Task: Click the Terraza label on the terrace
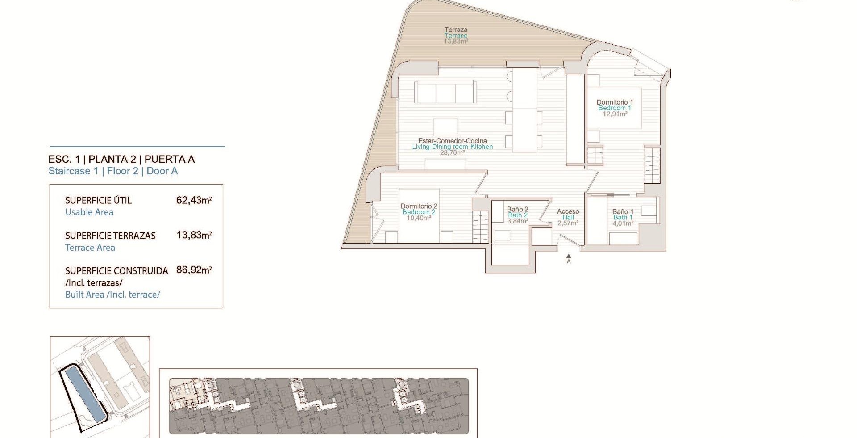[x=456, y=30]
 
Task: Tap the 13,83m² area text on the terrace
[x=456, y=42]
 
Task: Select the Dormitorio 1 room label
[x=615, y=102]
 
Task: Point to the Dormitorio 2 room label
[x=419, y=206]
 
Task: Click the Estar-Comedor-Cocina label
[x=452, y=141]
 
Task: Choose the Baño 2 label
[x=517, y=209]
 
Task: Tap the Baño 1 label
[x=623, y=212]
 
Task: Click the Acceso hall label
[x=568, y=211]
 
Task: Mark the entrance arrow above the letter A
[x=569, y=257]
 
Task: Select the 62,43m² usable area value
[x=194, y=200]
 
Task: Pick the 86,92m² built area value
[x=194, y=270]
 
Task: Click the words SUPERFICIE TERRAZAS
[x=110, y=236]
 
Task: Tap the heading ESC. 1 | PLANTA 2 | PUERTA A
[x=121, y=159]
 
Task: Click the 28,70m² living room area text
[x=452, y=152]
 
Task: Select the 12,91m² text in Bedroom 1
[x=615, y=114]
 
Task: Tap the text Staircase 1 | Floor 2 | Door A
[x=113, y=171]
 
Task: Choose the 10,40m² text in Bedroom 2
[x=419, y=218]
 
